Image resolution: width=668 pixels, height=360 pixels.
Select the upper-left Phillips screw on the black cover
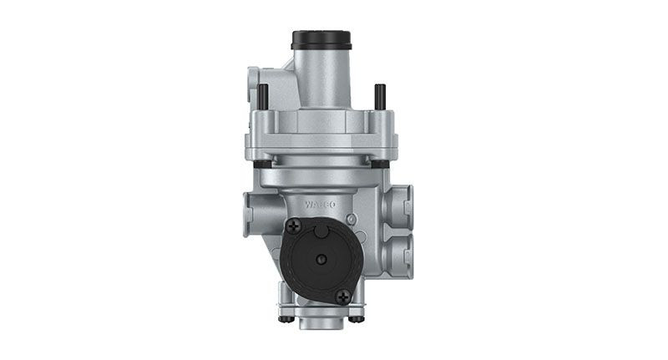294,225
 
